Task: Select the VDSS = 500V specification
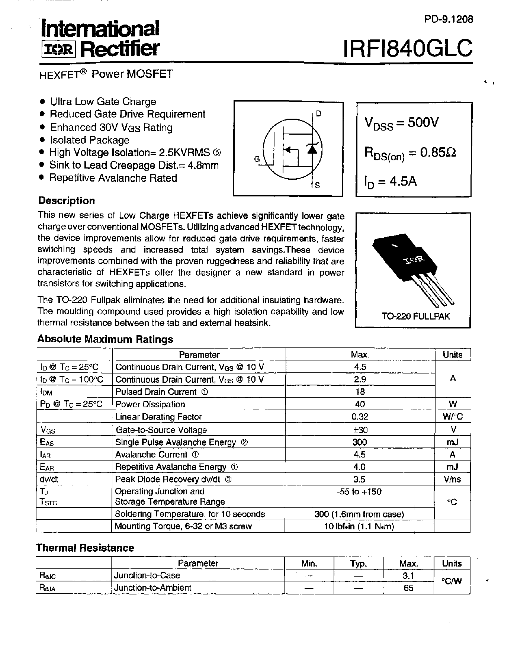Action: point(401,123)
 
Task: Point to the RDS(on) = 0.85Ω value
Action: point(410,153)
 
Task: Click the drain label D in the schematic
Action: point(318,114)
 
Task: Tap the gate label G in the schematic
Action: point(257,159)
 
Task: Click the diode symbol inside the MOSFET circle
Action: point(312,148)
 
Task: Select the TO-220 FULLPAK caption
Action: point(415,316)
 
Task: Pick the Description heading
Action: point(67,201)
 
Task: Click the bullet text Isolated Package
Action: point(90,140)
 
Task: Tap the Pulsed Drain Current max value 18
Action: point(360,392)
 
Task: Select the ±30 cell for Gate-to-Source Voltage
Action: point(360,430)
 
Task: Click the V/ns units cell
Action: point(452,479)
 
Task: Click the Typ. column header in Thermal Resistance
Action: point(359,564)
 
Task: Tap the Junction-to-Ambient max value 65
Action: point(408,588)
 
